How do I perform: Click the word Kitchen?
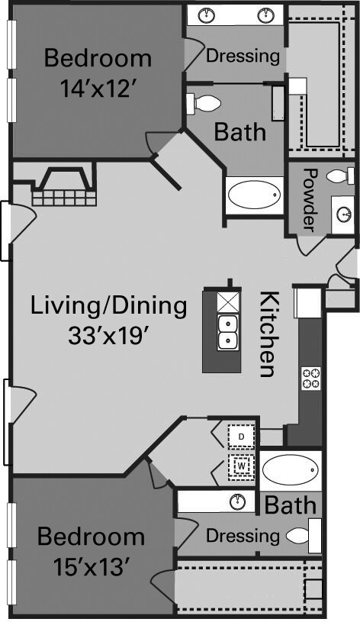(268, 334)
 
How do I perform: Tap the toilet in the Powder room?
(342, 176)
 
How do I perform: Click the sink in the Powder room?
(343, 215)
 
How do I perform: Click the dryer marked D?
(242, 437)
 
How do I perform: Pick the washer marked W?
(242, 466)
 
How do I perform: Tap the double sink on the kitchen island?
(228, 333)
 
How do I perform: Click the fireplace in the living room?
(64, 186)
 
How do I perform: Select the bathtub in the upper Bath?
(255, 195)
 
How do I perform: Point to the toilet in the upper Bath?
(203, 103)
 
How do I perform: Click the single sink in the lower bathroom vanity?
(238, 502)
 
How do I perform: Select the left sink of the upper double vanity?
(207, 16)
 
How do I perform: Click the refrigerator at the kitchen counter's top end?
(307, 303)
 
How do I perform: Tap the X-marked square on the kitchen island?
(228, 303)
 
